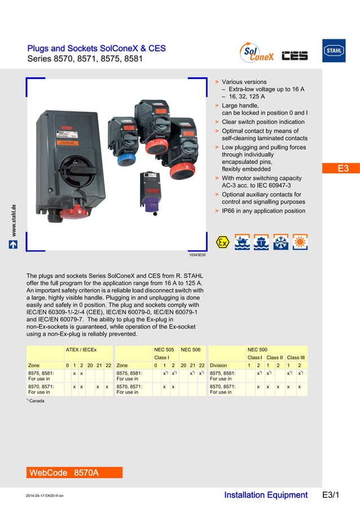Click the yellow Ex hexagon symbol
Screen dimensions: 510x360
click(x=223, y=242)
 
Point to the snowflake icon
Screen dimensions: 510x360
click(x=280, y=242)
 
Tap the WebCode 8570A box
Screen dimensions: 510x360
click(x=74, y=472)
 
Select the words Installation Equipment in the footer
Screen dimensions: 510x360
click(x=266, y=495)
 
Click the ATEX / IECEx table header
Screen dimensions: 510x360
click(x=81, y=350)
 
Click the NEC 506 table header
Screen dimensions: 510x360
click(x=190, y=350)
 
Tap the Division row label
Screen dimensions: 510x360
click(x=220, y=365)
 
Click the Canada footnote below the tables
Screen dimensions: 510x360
click(x=36, y=401)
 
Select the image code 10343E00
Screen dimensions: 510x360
click(x=197, y=255)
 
